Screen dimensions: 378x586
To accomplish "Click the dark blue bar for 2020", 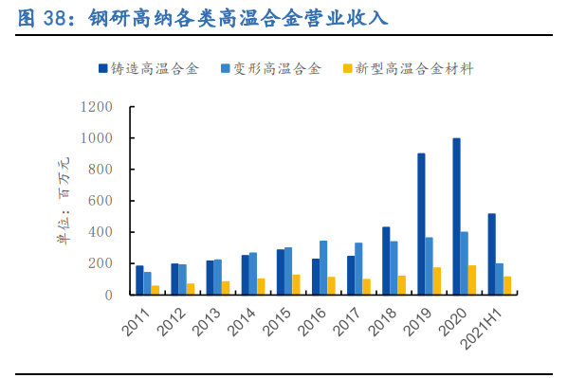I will (x=456, y=217).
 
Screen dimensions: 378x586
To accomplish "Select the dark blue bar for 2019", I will (x=421, y=225).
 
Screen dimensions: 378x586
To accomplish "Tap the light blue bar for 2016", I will (x=323, y=268).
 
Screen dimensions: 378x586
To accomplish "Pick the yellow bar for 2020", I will (x=471, y=279).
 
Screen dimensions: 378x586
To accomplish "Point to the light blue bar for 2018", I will (x=394, y=268).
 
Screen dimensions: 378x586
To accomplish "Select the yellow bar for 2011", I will (x=155, y=290).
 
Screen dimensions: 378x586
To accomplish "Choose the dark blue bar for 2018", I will (x=386, y=261).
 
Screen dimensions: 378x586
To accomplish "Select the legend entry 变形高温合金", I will (x=269, y=68).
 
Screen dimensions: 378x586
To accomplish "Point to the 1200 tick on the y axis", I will (x=98, y=107).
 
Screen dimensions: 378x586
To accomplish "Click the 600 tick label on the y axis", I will (x=101, y=201).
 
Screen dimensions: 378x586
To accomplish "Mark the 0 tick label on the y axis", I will (x=109, y=295).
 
